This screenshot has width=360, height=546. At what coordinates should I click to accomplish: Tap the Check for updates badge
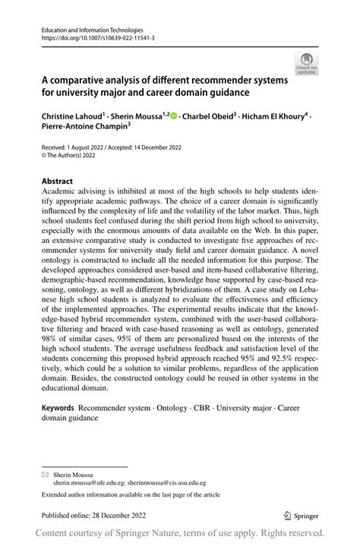pyautogui.click(x=307, y=64)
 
